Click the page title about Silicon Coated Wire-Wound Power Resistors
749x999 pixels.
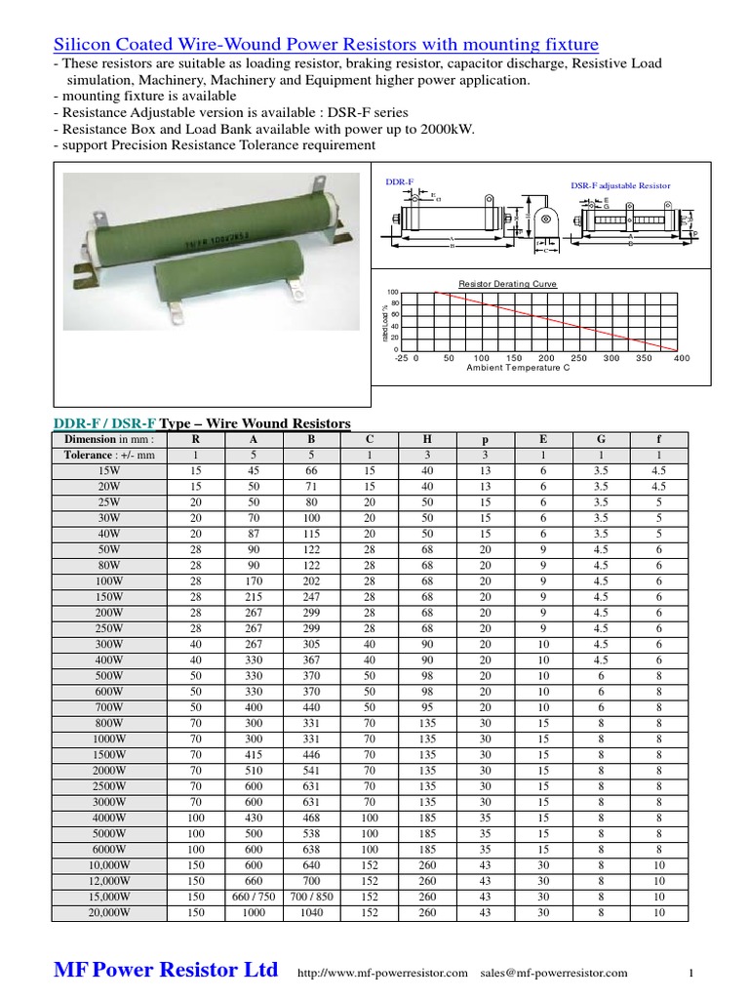(325, 45)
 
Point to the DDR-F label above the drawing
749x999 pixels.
(400, 182)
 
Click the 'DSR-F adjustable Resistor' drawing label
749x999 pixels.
(620, 185)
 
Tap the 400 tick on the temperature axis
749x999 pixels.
(681, 358)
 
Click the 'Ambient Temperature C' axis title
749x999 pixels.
(518, 368)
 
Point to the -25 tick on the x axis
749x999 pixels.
(400, 358)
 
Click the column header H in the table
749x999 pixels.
(427, 440)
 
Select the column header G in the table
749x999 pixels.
(602, 440)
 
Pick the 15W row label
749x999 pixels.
(109, 470)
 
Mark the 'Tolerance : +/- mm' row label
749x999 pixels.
(109, 455)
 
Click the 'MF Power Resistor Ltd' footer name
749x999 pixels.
(165, 970)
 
